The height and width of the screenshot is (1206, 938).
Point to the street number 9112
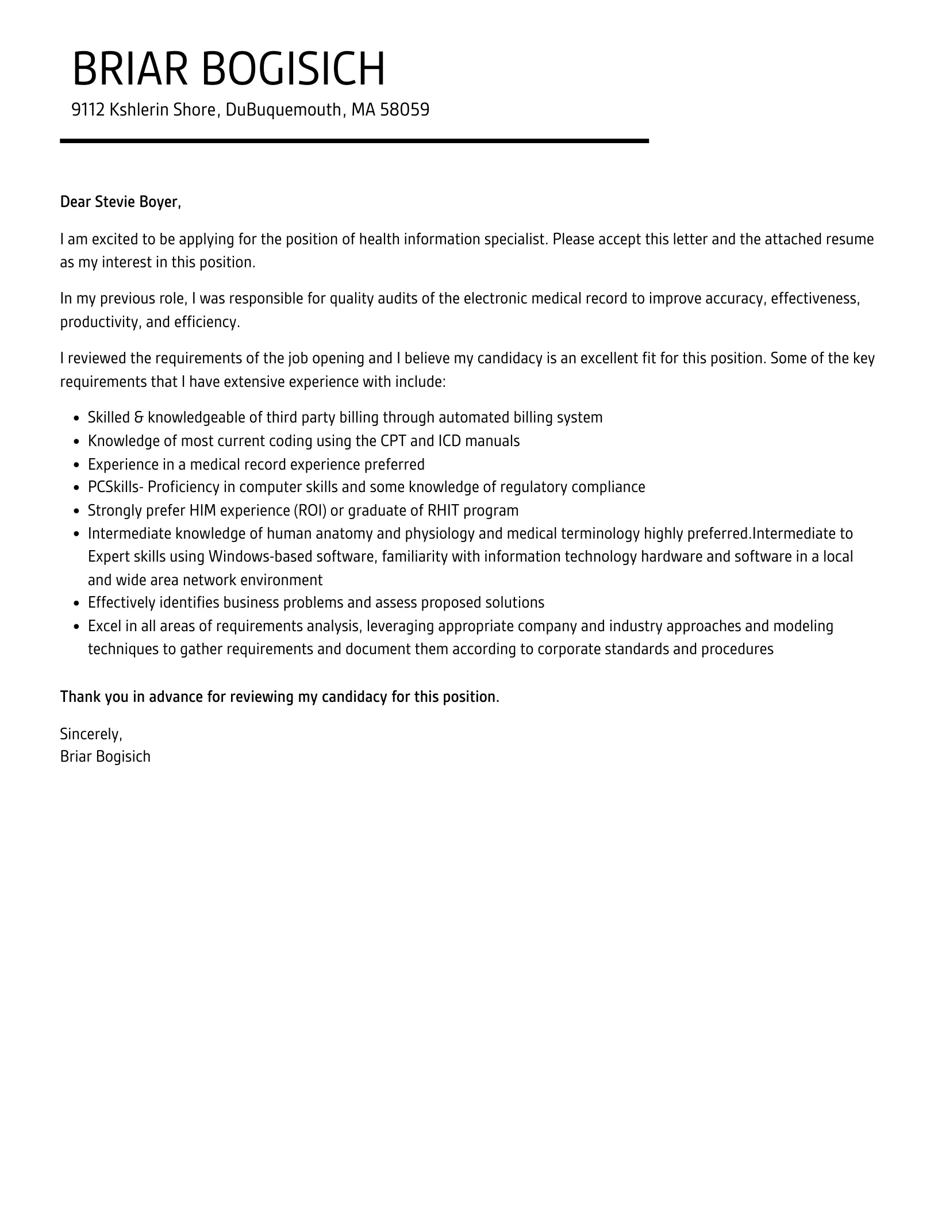[87, 110]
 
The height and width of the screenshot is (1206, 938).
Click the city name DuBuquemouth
[283, 110]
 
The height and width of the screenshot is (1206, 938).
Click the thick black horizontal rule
[354, 141]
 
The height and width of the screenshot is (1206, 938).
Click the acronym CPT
[393, 441]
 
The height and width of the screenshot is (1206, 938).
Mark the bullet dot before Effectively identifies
[77, 604]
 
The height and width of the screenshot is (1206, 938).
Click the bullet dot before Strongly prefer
[77, 511]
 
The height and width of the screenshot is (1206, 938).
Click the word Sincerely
[91, 734]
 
